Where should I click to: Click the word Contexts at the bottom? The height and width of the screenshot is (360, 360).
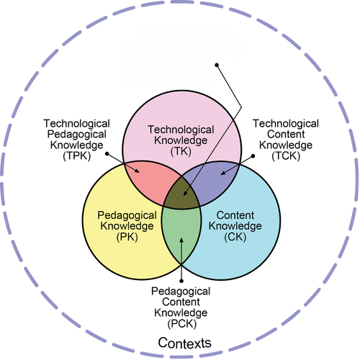tap(184, 343)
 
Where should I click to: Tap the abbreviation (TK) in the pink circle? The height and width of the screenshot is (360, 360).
tap(181, 151)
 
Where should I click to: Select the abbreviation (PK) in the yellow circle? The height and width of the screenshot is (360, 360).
tap(127, 237)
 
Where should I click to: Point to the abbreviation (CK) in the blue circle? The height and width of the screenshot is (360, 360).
tap(235, 237)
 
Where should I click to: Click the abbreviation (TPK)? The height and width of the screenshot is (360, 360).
tap(77, 156)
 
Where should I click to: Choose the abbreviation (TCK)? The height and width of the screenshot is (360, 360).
tap(286, 156)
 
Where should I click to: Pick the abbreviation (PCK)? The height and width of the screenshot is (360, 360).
tap(182, 324)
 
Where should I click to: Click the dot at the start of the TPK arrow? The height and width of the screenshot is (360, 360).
tap(107, 153)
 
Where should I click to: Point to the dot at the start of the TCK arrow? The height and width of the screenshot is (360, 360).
tap(253, 156)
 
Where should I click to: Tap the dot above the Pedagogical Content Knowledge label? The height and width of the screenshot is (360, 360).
tap(181, 281)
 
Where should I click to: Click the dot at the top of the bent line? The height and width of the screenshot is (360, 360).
tap(217, 65)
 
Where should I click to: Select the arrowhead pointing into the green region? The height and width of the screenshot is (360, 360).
tap(181, 240)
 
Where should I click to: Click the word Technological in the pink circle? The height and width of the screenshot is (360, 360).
tap(181, 130)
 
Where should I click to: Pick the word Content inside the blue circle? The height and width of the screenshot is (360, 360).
tap(235, 215)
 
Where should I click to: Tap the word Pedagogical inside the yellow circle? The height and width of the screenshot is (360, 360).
tap(127, 215)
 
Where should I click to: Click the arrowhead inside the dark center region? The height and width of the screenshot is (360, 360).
tap(185, 194)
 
